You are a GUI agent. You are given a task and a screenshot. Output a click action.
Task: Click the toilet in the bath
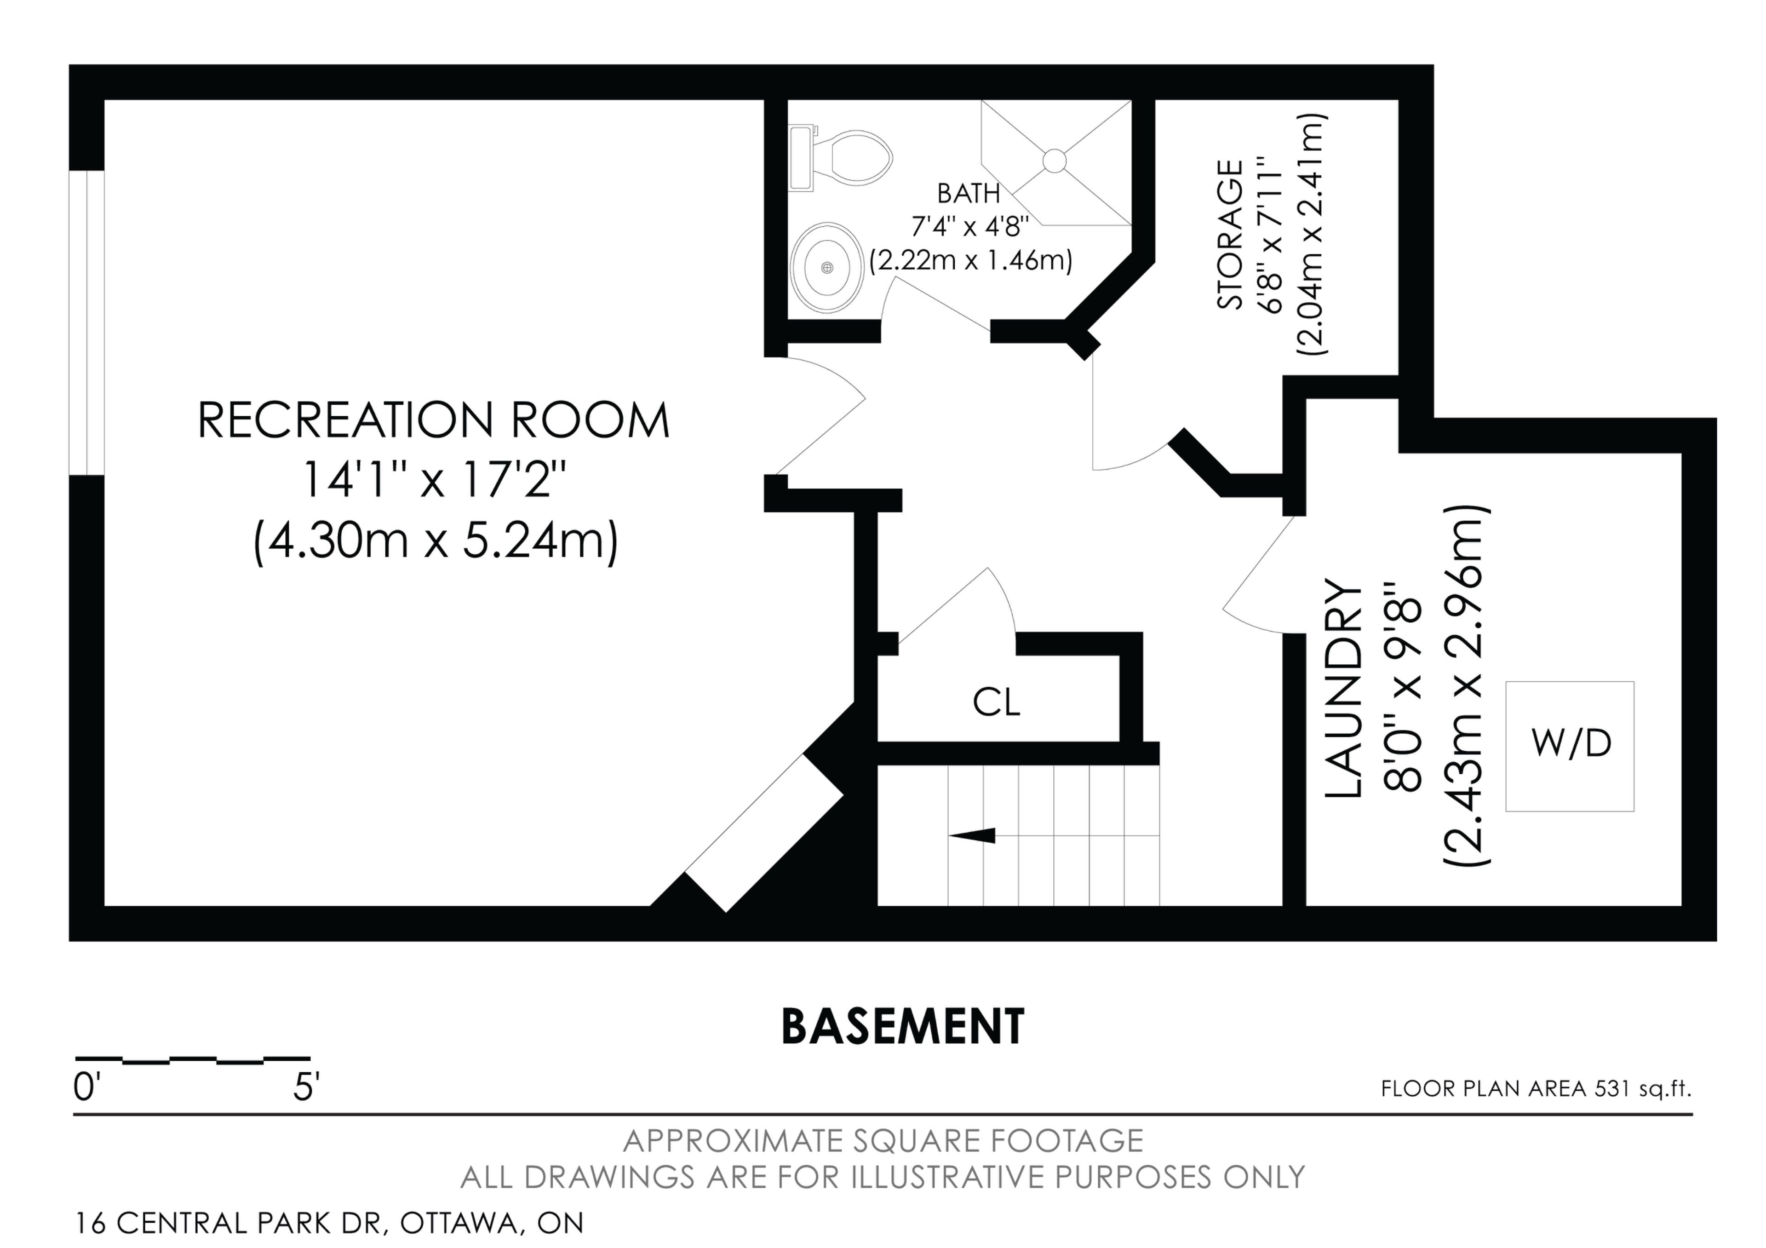tap(841, 159)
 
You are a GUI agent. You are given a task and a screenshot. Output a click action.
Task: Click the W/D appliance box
tap(1570, 746)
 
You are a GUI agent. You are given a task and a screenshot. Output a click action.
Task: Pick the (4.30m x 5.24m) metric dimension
tap(436, 541)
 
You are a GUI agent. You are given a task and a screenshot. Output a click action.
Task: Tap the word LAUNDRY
tap(1342, 690)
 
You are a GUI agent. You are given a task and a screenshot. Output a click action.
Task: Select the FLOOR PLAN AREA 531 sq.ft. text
tap(1536, 1089)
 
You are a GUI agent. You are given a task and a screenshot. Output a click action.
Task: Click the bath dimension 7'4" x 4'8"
tap(970, 227)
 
